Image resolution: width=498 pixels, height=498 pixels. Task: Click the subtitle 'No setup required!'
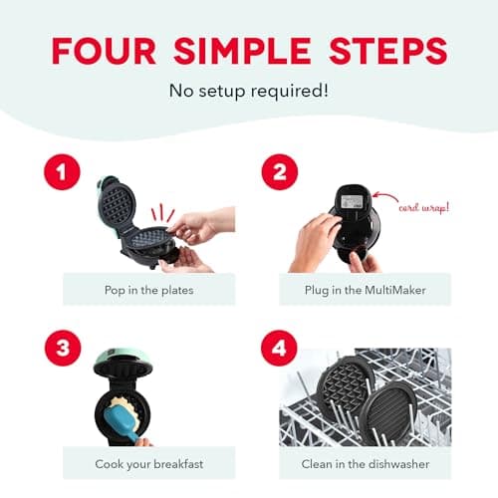(248, 92)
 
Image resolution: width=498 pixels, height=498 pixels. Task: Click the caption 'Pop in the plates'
(148, 289)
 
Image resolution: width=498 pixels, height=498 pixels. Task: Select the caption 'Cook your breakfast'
(148, 463)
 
